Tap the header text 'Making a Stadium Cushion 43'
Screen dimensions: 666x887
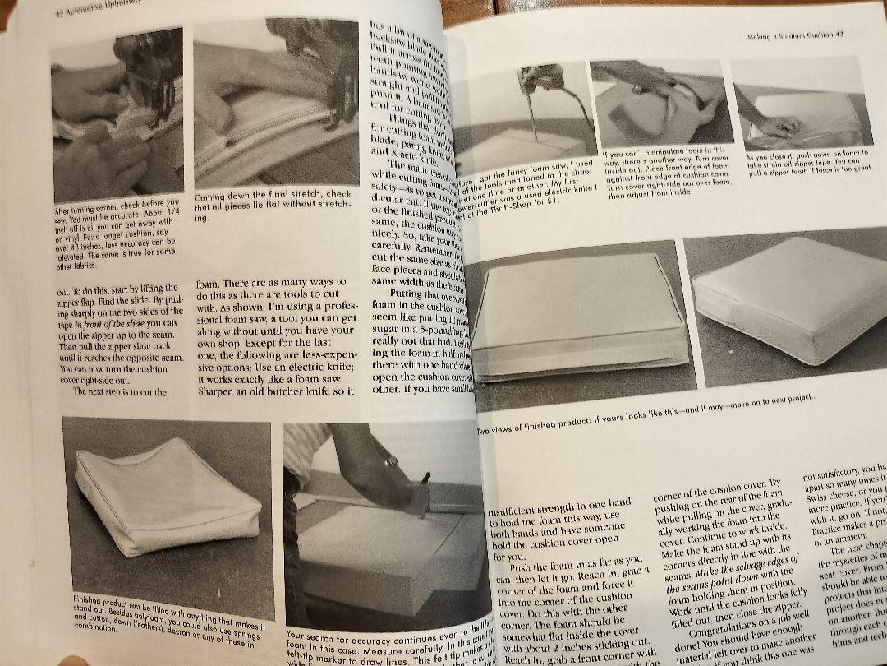coord(796,35)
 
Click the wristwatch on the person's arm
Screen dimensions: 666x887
coord(390,461)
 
